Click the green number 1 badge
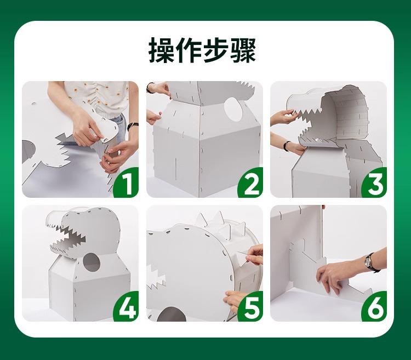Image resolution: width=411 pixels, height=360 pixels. [x=127, y=183]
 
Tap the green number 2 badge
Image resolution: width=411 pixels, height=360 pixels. [x=251, y=183]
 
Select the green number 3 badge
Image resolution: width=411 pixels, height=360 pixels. [x=375, y=183]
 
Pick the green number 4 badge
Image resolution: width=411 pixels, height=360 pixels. [x=127, y=307]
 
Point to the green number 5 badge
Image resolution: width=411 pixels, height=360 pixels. [x=251, y=307]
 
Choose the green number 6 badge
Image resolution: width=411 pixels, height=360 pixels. [x=375, y=307]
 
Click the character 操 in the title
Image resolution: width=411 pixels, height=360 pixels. [x=162, y=50]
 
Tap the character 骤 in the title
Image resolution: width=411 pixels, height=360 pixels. [x=242, y=50]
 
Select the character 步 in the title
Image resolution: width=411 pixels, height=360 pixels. [x=216, y=50]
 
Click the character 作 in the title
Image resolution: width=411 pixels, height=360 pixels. [x=189, y=50]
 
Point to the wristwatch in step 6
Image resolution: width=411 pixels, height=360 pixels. [x=369, y=262]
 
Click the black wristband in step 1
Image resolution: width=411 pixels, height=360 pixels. [x=133, y=126]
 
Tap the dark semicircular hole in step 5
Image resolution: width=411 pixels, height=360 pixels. [x=172, y=314]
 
